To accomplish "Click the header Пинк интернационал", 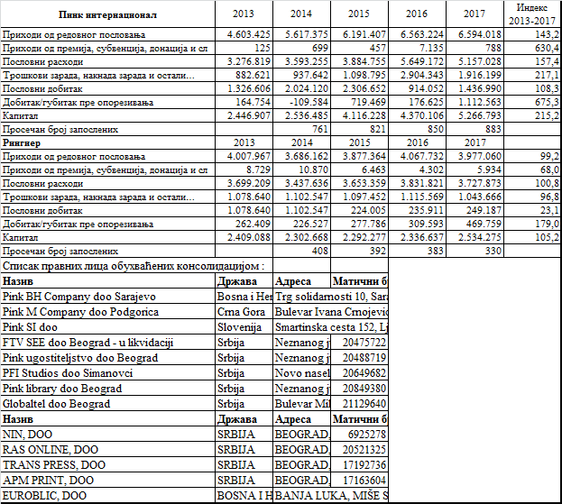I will pyautogui.click(x=107, y=14).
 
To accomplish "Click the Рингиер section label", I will pyautogui.click(x=23, y=142).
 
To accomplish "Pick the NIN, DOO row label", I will pyautogui.click(x=30, y=434).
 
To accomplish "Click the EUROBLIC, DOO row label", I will pyautogui.click(x=45, y=495).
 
